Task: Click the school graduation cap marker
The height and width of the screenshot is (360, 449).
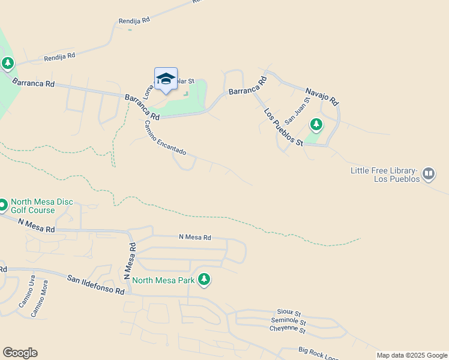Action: (166, 79)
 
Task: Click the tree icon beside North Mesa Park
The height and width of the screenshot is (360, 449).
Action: (204, 279)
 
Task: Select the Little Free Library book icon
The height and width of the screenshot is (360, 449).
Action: (428, 174)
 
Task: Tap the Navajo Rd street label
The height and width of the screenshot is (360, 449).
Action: (322, 94)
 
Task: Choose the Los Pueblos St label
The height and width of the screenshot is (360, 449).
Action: (283, 127)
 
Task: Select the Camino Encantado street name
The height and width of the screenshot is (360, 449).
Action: (164, 137)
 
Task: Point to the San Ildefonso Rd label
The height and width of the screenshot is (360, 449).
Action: (95, 284)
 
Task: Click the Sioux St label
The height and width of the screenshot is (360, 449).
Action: (289, 313)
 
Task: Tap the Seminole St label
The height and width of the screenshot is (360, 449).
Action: (289, 321)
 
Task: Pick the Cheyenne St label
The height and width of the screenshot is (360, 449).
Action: (288, 329)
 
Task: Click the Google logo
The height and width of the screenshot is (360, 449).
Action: (20, 353)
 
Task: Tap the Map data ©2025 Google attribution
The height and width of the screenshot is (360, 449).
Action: (411, 355)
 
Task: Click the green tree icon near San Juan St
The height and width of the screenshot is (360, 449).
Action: (316, 125)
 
